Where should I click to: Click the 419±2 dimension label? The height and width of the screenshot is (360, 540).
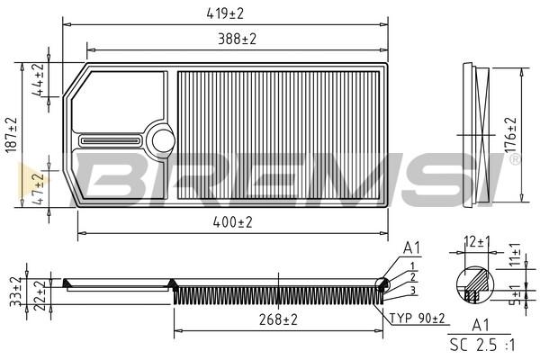click(225, 13)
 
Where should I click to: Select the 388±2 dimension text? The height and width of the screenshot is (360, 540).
click(238, 40)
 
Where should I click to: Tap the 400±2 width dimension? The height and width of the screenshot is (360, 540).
click(233, 222)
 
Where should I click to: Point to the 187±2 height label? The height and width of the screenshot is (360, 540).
click(11, 135)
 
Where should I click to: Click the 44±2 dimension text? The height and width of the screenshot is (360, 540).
click(39, 79)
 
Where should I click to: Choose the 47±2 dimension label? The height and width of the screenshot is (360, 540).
click(39, 189)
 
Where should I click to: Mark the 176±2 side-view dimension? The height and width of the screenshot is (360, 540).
click(510, 135)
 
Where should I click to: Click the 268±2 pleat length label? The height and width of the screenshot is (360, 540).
click(278, 320)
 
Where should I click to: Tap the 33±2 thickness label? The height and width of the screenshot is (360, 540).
click(16, 292)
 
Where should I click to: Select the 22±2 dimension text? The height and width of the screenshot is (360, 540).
click(40, 295)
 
